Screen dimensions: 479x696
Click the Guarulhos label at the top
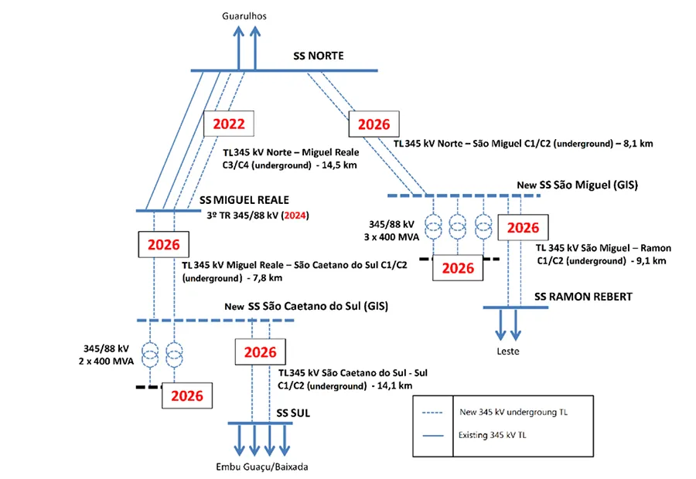[245, 15]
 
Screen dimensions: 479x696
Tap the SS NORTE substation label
[318, 56]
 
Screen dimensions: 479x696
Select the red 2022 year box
[229, 124]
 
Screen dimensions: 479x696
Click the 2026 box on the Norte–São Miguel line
[374, 124]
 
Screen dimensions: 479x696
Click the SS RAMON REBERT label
[583, 296]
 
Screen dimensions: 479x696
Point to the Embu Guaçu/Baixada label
[255, 467]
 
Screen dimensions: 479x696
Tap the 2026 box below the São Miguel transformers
[458, 268]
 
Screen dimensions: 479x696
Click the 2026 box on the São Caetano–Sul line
[260, 353]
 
